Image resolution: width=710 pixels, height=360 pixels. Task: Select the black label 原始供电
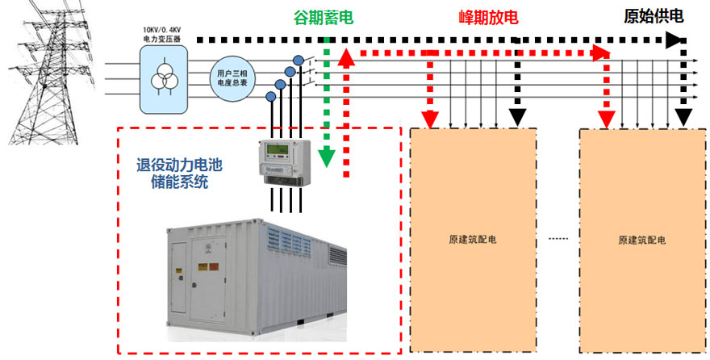tap(654, 17)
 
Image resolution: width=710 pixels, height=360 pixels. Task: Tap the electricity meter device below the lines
tap(283, 161)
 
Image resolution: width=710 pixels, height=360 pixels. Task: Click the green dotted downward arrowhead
tap(326, 157)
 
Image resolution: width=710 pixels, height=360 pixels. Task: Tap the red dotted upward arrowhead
tap(347, 58)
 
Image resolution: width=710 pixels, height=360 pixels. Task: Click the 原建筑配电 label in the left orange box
tap(472, 240)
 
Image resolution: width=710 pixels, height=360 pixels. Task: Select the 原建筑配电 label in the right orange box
tap(641, 240)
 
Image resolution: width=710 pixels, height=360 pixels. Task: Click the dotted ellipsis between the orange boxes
tap(558, 240)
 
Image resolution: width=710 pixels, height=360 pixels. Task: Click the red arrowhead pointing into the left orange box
tap(432, 119)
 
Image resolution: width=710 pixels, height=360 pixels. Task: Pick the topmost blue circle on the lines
tap(299, 60)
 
